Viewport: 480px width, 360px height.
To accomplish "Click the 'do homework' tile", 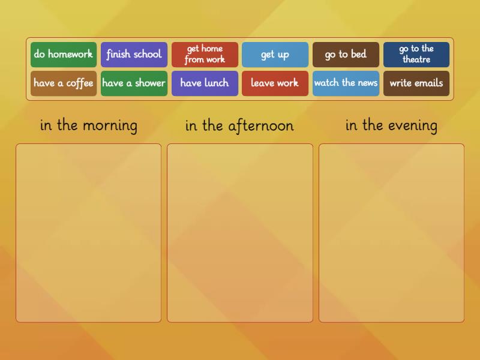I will click(x=64, y=55).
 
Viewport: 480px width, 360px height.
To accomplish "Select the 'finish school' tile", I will click(x=134, y=55).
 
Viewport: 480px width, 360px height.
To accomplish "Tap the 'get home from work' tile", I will click(x=205, y=55).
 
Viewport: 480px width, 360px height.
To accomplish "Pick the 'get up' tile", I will click(x=275, y=55).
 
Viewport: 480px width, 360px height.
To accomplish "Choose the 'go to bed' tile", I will click(x=346, y=55).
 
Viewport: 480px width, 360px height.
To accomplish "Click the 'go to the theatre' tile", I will click(x=416, y=55).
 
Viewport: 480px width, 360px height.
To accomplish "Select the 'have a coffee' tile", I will click(x=64, y=83).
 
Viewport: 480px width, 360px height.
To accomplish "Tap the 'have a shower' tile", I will click(x=134, y=83).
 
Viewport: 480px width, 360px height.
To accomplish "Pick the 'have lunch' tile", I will click(x=205, y=83).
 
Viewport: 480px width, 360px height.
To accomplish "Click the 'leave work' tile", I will click(x=275, y=83).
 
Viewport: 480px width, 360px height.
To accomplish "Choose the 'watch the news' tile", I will click(x=346, y=83).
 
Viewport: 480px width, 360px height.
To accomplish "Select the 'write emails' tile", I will click(x=416, y=83).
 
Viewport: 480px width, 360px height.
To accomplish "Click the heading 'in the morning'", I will click(x=89, y=125).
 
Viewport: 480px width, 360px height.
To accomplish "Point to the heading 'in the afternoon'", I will click(x=239, y=125).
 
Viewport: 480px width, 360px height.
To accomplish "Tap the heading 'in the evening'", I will click(x=391, y=125).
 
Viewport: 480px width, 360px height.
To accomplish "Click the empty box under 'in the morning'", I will click(x=89, y=233).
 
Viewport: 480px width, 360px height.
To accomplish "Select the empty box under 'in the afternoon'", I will click(x=240, y=233).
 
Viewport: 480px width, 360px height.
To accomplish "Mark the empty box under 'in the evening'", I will click(x=391, y=233).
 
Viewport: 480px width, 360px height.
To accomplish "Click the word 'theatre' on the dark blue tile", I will click(x=416, y=60).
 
